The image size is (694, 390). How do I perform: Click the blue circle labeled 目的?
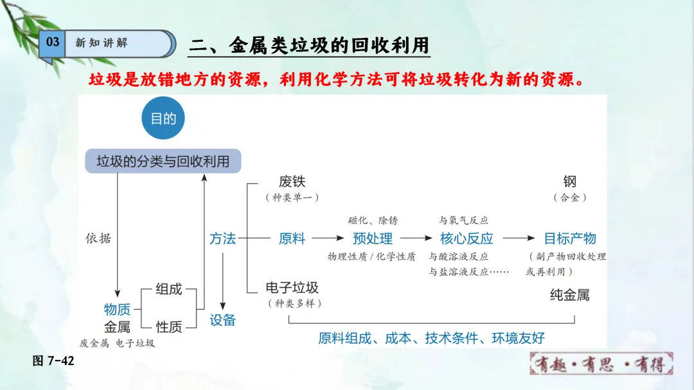coord(163,119)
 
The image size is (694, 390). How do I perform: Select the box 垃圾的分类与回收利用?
coord(163,161)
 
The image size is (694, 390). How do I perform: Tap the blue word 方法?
coord(222,239)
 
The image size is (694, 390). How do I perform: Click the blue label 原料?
coord(292,239)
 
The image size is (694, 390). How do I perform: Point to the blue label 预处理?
coord(373,239)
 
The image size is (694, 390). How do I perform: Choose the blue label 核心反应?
coord(467,239)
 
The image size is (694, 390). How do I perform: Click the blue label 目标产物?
coord(570,239)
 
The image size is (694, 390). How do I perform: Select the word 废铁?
coord(292,182)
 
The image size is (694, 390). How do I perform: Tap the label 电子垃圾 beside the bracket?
coord(292,287)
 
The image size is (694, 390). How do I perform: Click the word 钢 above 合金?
coord(570,182)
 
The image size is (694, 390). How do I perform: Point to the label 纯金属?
coord(570,295)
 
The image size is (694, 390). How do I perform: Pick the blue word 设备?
coord(222,320)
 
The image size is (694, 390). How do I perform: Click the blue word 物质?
coord(118,309)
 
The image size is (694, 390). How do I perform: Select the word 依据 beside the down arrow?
coord(98,239)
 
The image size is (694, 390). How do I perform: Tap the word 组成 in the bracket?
coord(169,289)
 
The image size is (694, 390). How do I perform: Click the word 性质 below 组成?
coord(169,327)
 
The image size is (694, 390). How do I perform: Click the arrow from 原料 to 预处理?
coord(328,239)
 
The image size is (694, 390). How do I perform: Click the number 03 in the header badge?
coord(53,42)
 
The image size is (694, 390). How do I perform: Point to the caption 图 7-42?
coord(53,361)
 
